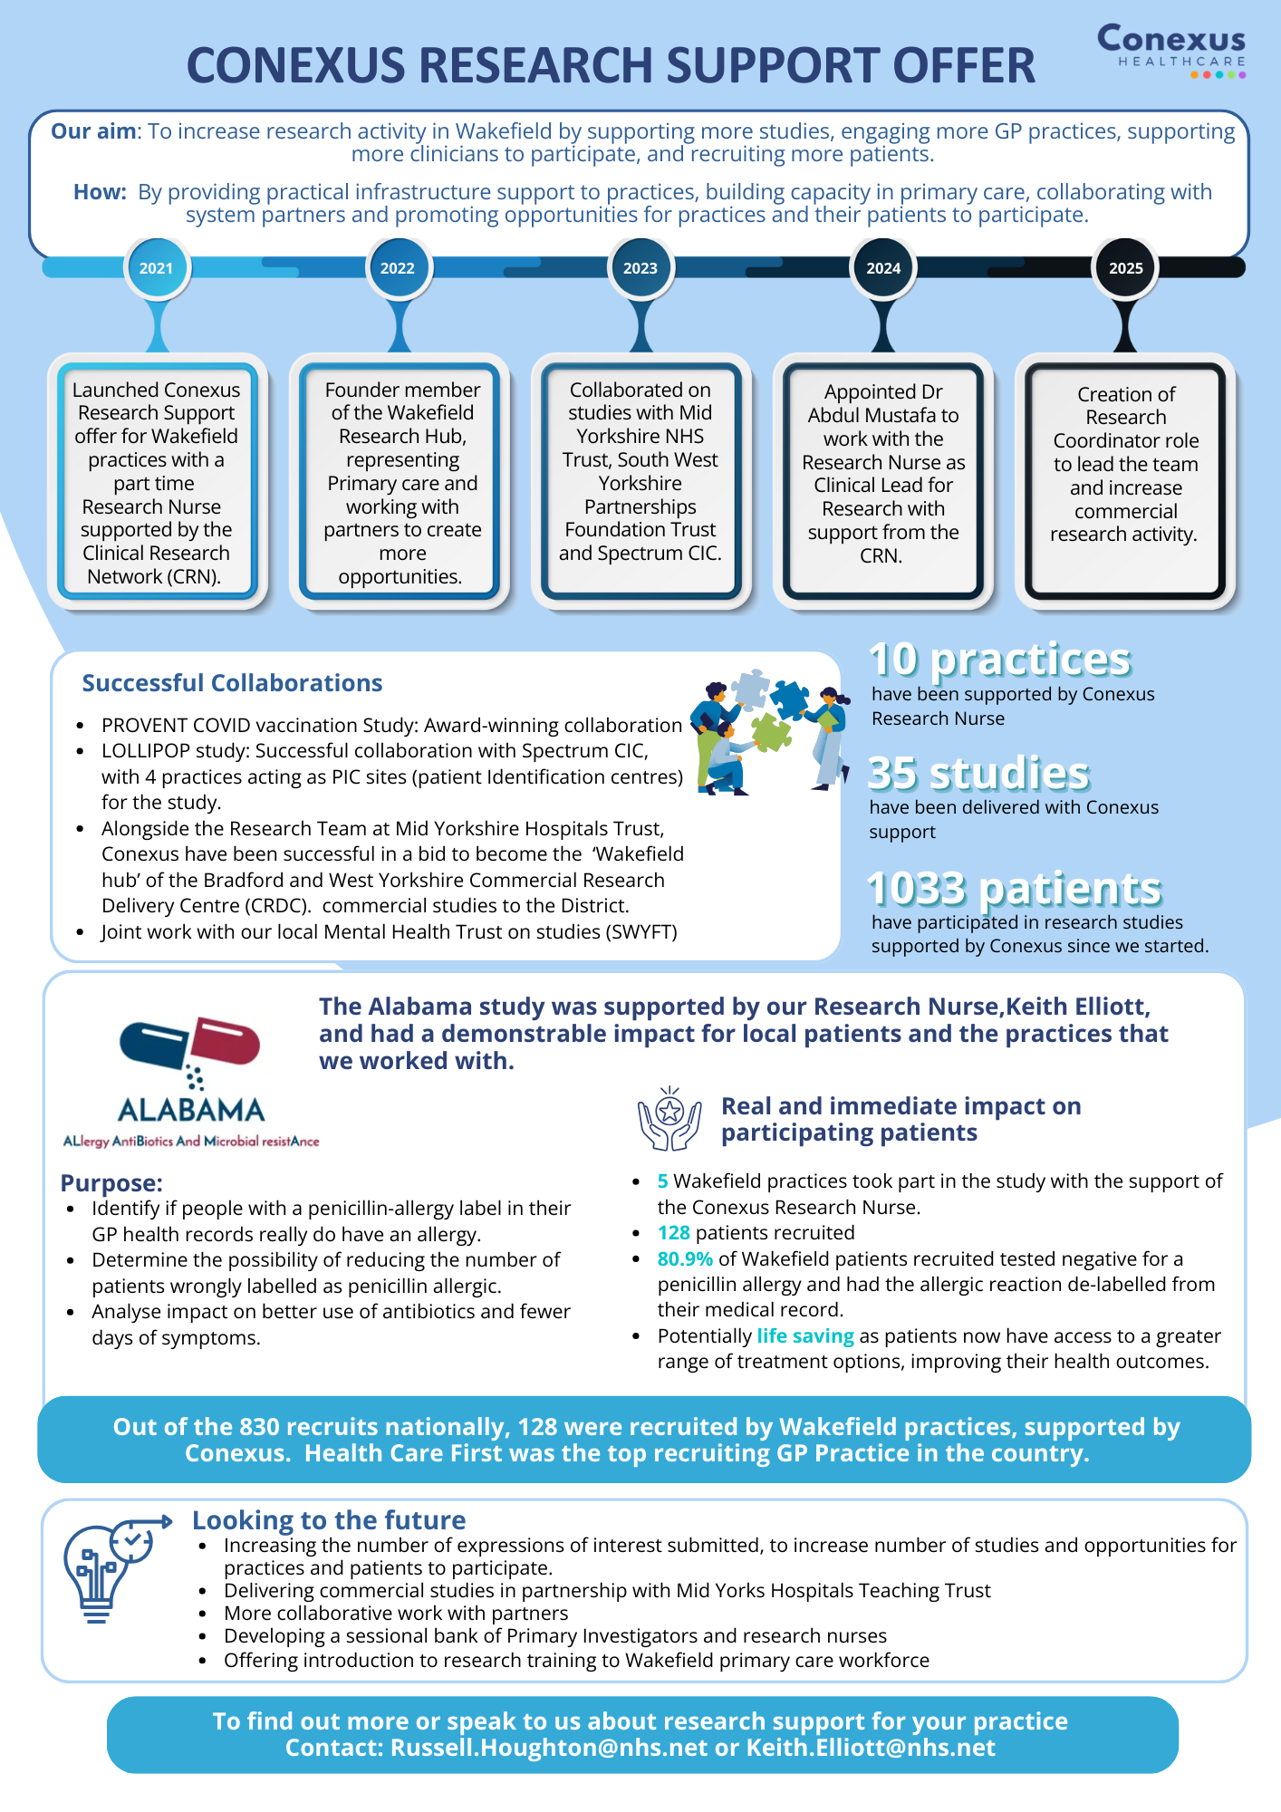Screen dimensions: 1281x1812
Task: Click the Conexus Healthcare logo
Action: (1171, 51)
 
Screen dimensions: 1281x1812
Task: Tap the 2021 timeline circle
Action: (157, 268)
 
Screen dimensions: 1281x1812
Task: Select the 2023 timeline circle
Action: (640, 268)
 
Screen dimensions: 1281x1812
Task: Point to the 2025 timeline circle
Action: (1125, 268)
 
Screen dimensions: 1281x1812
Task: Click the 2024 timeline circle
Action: (883, 268)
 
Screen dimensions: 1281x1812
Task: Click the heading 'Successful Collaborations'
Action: (232, 683)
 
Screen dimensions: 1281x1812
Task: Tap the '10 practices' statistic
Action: (1000, 660)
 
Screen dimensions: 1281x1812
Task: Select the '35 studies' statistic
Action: (979, 774)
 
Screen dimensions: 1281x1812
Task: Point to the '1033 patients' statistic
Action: (1014, 889)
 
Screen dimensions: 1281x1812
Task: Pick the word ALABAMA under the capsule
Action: (191, 1110)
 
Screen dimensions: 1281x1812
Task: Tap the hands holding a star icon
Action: (669, 1120)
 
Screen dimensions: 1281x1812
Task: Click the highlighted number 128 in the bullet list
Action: (674, 1233)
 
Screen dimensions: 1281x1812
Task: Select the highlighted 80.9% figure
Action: (685, 1259)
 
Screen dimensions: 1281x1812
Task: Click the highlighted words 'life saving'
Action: (805, 1336)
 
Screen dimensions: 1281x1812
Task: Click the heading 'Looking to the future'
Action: (329, 1520)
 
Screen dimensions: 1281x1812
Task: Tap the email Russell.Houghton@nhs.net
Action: (549, 1748)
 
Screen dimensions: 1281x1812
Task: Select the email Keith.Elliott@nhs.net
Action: (871, 1748)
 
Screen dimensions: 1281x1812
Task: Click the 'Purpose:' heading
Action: (111, 1183)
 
